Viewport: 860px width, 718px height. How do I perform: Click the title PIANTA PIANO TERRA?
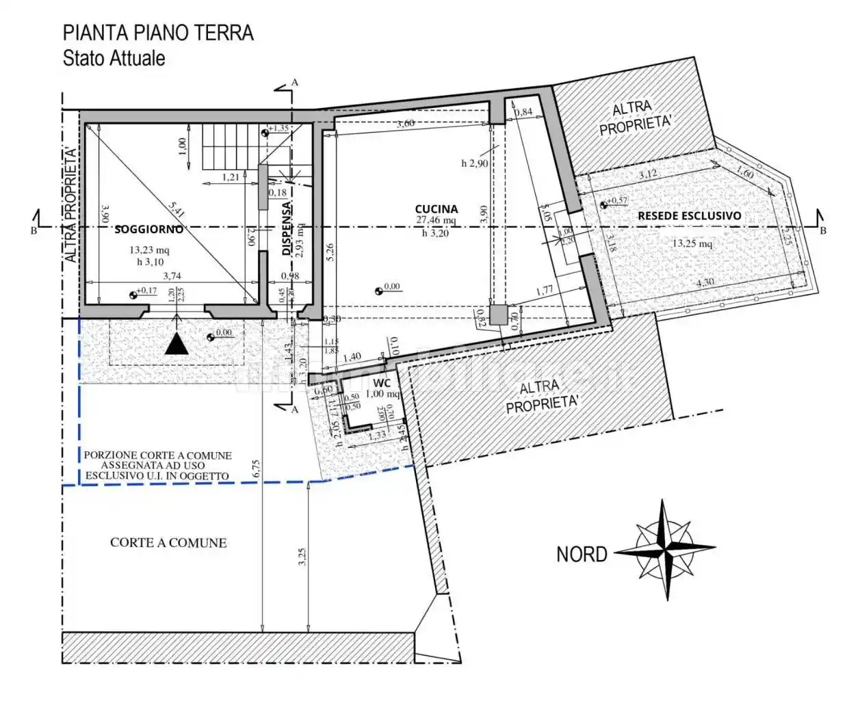pos(158,33)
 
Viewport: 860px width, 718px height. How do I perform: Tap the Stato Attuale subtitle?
pos(114,58)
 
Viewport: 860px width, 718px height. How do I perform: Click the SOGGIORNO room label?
pos(148,230)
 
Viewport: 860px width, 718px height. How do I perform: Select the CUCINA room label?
pos(436,209)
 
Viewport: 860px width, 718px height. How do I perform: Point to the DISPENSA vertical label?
pos(287,228)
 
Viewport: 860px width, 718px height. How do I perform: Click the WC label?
pos(382,383)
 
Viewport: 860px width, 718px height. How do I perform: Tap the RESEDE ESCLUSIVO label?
pos(689,215)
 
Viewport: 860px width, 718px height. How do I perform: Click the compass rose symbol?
pos(666,549)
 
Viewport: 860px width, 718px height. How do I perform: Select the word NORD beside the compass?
pos(582,554)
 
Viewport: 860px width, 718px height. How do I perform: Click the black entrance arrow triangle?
pos(177,344)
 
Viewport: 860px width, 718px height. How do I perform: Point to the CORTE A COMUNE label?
pos(168,543)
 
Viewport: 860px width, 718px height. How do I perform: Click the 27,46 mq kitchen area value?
pos(435,221)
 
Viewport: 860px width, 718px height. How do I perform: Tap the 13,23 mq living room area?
pos(149,250)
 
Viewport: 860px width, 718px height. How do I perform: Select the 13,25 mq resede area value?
pos(692,243)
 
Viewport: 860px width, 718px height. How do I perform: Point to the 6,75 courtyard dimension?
pos(257,468)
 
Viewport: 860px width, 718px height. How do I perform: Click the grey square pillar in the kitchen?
pos(498,315)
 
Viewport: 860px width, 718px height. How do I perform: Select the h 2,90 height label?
pos(474,163)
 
